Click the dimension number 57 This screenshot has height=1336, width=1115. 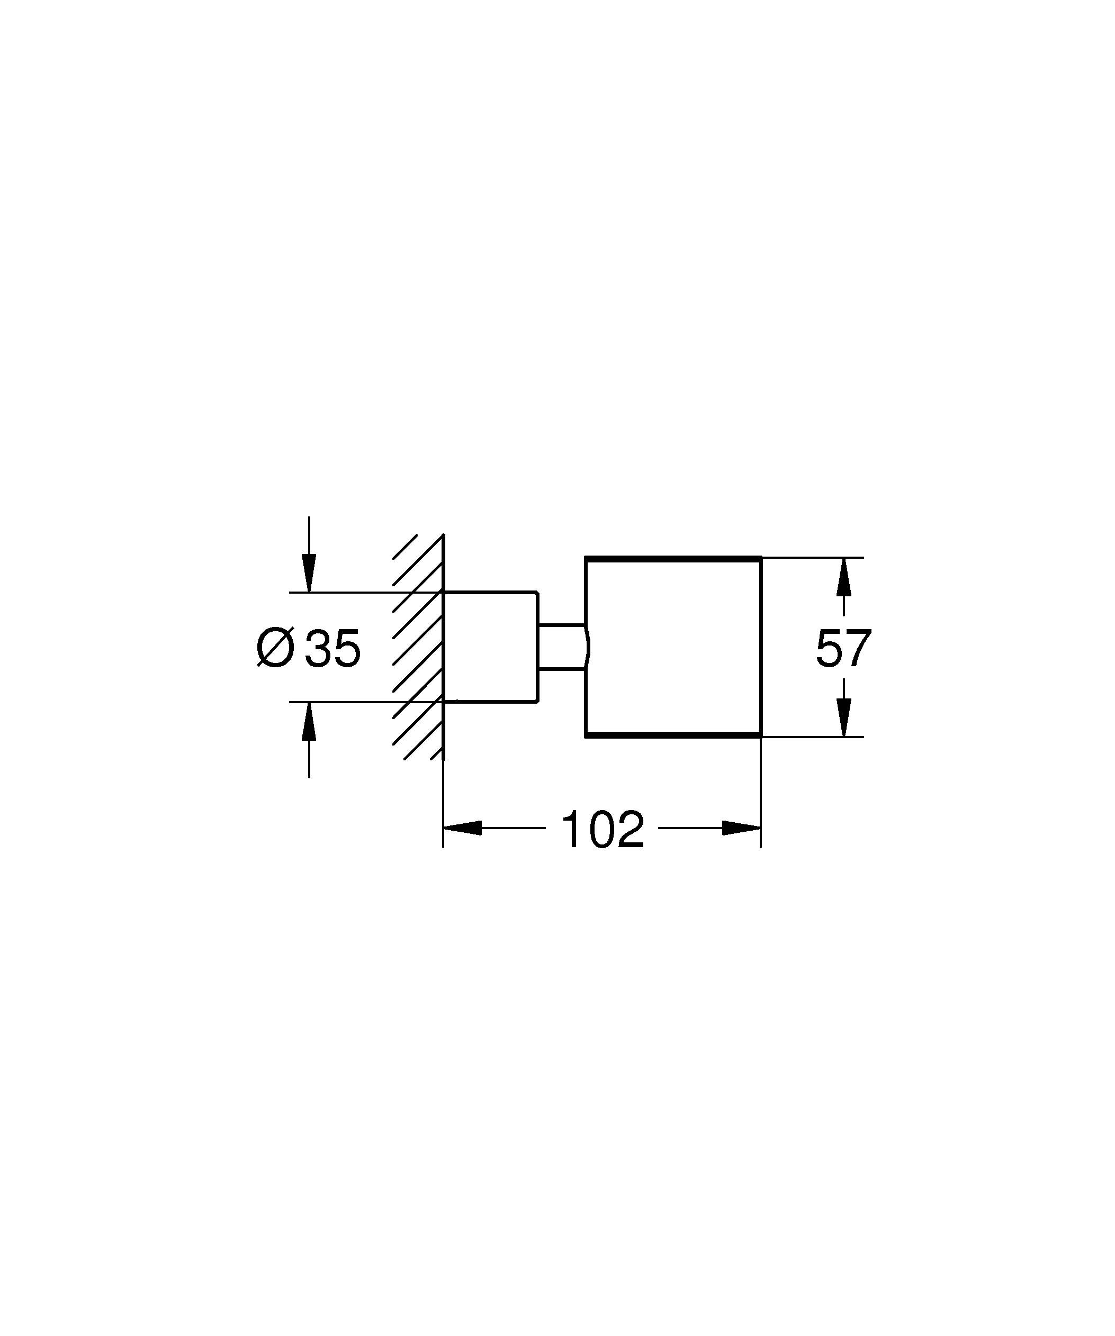(843, 648)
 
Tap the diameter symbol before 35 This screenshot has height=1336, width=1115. (275, 648)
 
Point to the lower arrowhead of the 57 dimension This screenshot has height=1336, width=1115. (844, 717)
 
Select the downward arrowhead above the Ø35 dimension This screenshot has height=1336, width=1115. (309, 573)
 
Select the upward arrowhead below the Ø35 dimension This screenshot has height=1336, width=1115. (309, 722)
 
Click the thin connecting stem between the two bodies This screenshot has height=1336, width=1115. (561, 647)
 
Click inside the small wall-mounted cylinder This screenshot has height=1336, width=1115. (491, 647)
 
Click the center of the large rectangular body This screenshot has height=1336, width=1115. (673, 647)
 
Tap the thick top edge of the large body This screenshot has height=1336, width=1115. (673, 558)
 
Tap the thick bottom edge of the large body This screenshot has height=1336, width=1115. (673, 735)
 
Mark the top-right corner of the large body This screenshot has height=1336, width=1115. (761, 557)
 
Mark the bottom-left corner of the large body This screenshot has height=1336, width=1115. (586, 737)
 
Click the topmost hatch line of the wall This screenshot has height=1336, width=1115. (405, 546)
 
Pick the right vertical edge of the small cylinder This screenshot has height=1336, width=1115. (538, 647)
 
